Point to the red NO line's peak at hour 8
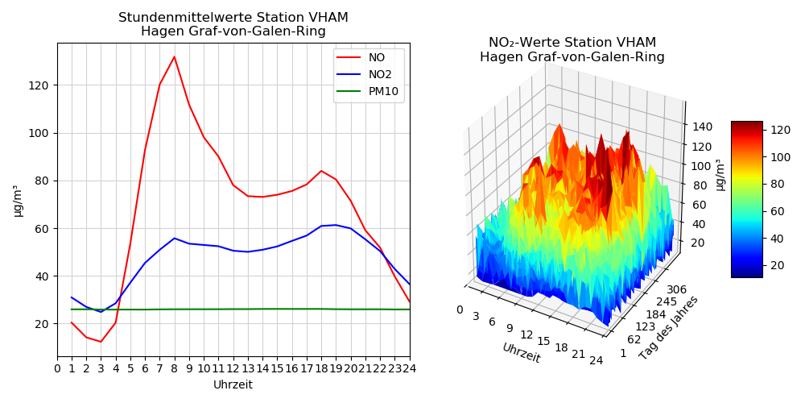click(174, 56)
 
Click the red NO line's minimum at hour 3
click(101, 342)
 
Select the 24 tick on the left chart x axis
click(409, 368)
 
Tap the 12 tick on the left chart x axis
click(233, 368)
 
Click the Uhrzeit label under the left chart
click(233, 385)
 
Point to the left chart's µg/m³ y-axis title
click(17, 200)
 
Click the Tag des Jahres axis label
click(668, 327)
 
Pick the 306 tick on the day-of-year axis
click(676, 289)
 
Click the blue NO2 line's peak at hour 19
click(336, 225)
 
